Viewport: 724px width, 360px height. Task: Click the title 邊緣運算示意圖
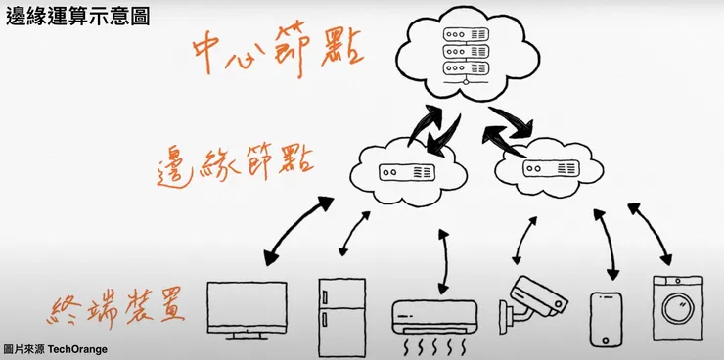[x=77, y=16]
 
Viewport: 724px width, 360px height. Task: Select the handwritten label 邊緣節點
[x=236, y=166]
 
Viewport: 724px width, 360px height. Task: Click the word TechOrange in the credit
[x=75, y=348]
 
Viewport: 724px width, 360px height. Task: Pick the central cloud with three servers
[x=466, y=55]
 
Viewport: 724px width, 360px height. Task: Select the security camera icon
[x=533, y=299]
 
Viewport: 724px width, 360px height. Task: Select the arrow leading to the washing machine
[x=650, y=235]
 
